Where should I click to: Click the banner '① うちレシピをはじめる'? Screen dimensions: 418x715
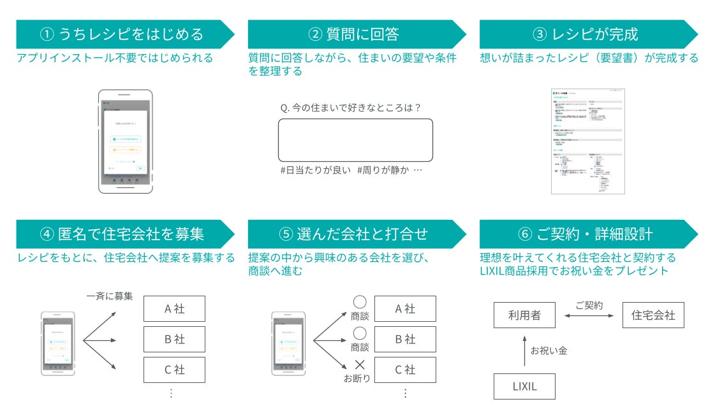(121, 34)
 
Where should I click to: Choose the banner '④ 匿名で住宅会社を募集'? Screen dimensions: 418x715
(121, 234)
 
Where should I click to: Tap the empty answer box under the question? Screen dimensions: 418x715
(355, 140)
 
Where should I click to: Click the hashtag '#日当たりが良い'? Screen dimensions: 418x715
(315, 171)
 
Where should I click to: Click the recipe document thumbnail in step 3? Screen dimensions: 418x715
(587, 141)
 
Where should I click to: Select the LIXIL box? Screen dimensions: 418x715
(524, 387)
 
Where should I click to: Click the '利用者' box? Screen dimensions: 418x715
(524, 315)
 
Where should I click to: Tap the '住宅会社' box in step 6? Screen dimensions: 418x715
(653, 315)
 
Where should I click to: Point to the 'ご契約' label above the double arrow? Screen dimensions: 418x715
(589, 306)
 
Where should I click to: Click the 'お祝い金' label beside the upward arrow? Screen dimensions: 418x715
(549, 350)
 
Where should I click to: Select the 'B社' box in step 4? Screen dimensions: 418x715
(174, 340)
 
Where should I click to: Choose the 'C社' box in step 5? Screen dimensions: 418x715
(405, 370)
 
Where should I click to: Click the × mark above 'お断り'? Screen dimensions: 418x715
(360, 365)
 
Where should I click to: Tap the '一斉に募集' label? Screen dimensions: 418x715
(110, 296)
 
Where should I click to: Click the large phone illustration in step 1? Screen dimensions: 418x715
(125, 141)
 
